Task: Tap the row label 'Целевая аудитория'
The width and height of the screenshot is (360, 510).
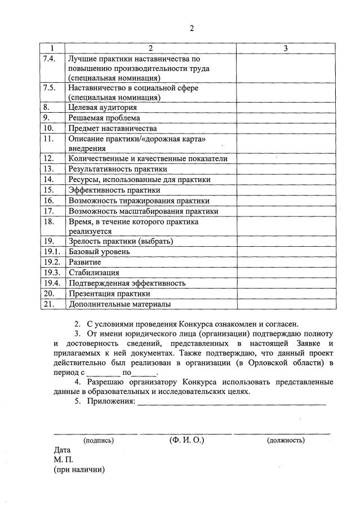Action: [103, 107]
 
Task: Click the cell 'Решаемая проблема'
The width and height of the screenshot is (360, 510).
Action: [104, 118]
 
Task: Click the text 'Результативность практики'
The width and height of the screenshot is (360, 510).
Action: [118, 168]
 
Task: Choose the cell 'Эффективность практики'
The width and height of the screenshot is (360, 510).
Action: [114, 190]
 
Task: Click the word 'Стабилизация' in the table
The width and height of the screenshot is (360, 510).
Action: [94, 273]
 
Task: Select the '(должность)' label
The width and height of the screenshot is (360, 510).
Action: [286, 440]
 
